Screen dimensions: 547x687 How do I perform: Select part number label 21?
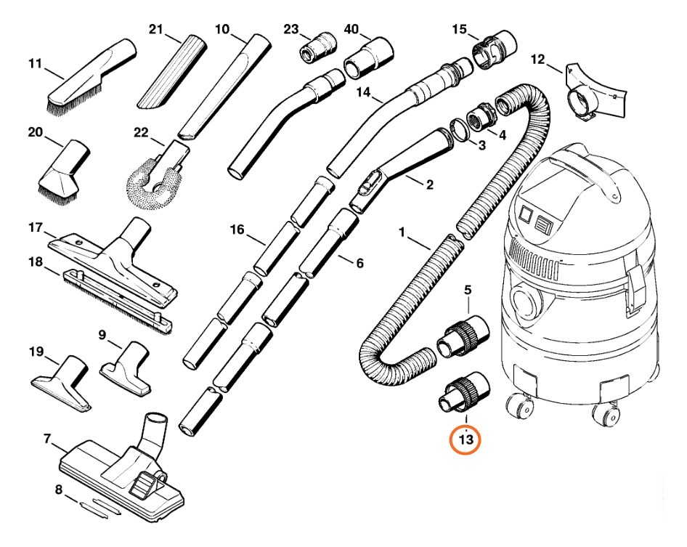(x=155, y=29)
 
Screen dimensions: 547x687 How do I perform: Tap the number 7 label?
(x=47, y=438)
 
